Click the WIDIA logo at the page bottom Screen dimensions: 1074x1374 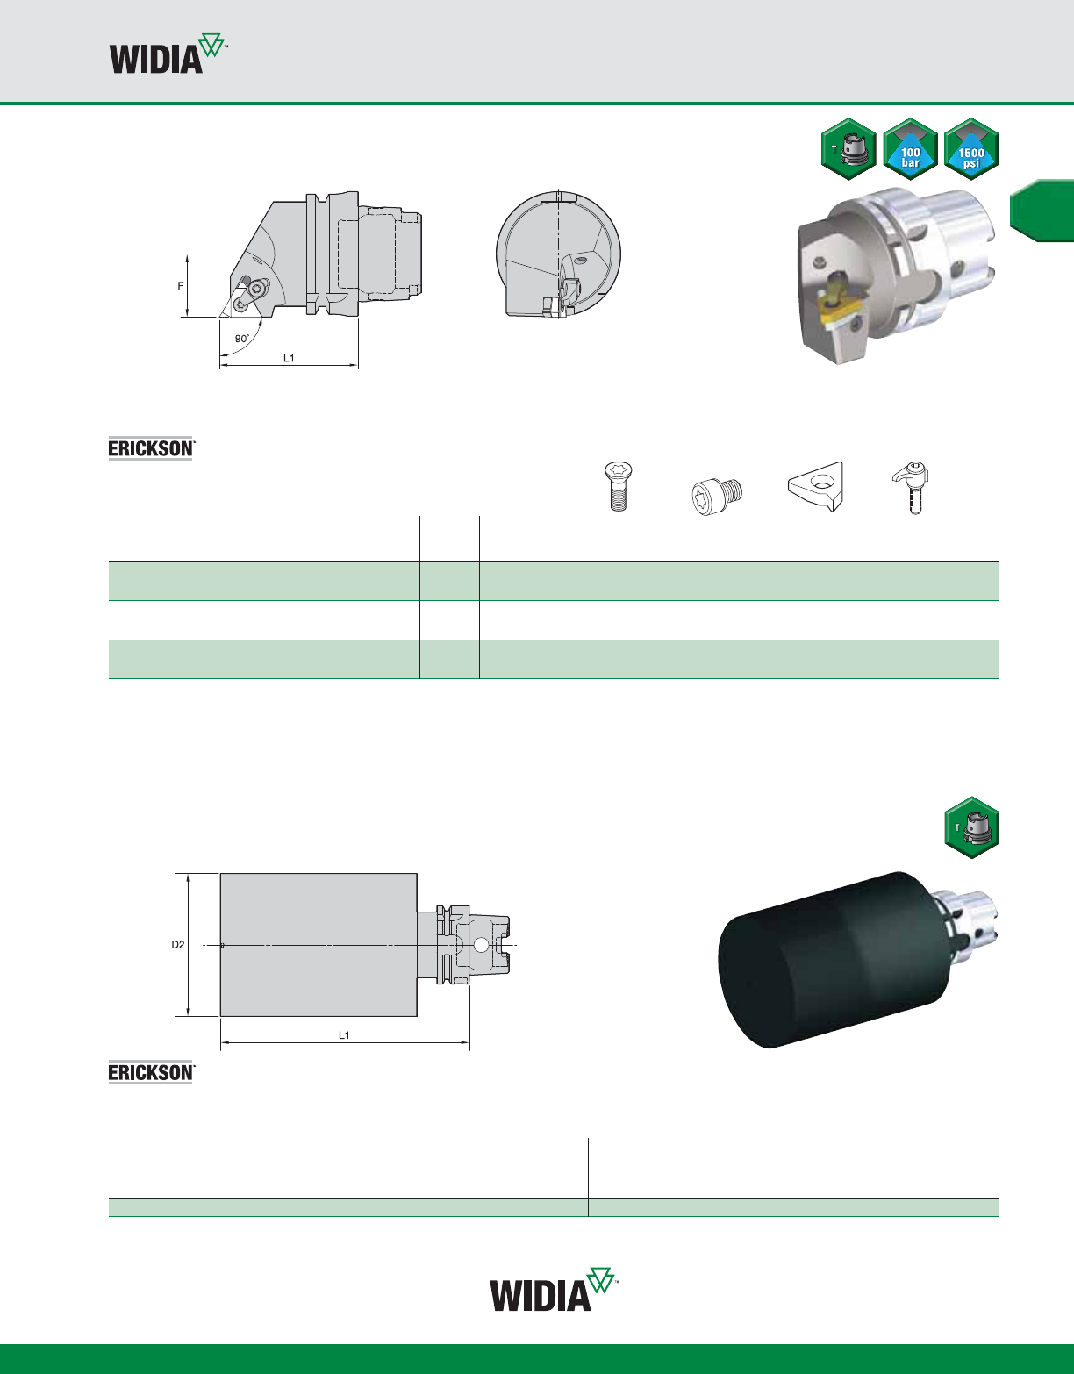point(554,1289)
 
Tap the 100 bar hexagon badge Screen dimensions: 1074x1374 point(910,149)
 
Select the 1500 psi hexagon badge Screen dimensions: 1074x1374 point(971,149)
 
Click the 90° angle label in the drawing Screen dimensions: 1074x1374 point(241,339)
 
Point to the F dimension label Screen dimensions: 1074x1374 point(181,286)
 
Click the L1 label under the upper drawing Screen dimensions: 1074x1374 point(289,358)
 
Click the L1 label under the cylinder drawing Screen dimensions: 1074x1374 point(344,1035)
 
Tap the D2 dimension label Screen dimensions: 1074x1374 point(178,945)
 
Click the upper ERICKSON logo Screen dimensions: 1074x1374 point(150,448)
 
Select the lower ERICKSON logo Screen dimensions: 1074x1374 point(150,1072)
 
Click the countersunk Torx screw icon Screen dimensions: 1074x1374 point(619,485)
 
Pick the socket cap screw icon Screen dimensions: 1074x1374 point(717,497)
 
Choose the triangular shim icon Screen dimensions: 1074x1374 point(815,485)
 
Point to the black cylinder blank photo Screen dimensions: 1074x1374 point(834,960)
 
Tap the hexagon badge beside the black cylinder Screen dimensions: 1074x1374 point(971,827)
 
